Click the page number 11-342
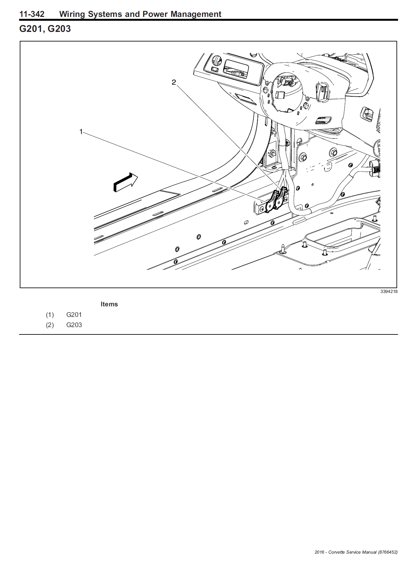[x=32, y=14]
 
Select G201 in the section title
[x=31, y=29]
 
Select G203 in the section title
[x=59, y=29]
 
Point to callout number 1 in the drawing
[x=81, y=131]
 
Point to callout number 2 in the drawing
[x=174, y=82]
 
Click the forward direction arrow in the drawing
[x=125, y=183]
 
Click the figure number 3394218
[x=389, y=291]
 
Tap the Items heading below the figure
[x=109, y=304]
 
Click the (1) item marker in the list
[x=50, y=315]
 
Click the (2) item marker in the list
[x=50, y=325]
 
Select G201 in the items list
[x=74, y=315]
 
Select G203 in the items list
[x=74, y=325]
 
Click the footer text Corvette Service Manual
[x=352, y=552]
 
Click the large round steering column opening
[x=287, y=93]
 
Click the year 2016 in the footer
[x=319, y=552]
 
